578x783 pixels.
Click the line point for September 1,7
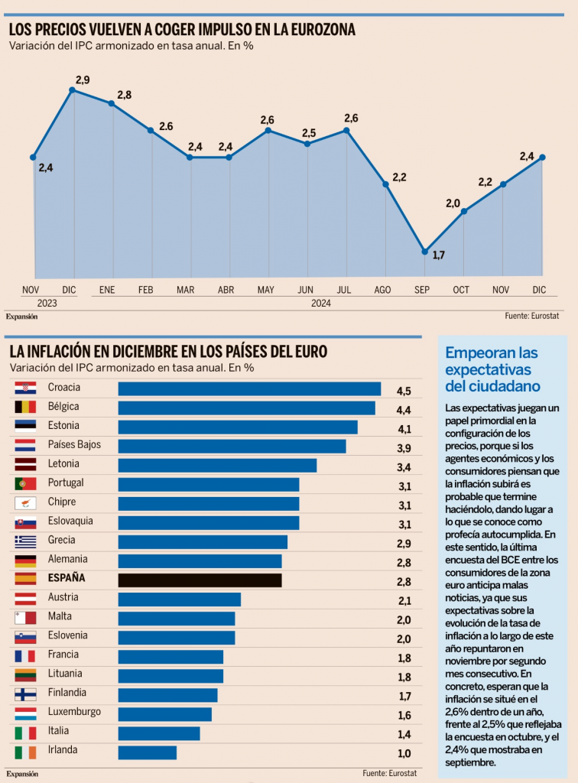tap(424, 251)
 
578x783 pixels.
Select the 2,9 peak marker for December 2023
tap(73, 90)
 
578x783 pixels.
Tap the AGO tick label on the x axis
tap(383, 290)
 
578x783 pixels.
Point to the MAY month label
tap(266, 290)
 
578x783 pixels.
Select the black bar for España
tap(200, 580)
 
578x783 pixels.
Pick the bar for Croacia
tap(249, 389)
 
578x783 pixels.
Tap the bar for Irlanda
tap(147, 752)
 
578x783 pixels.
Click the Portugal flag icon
tap(25, 484)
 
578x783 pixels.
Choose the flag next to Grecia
tap(25, 541)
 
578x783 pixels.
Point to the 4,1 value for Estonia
tap(404, 429)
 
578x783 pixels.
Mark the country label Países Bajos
tap(74, 445)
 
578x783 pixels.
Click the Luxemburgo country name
tap(74, 712)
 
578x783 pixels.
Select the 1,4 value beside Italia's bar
tap(404, 734)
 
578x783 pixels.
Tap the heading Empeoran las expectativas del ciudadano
tap(492, 369)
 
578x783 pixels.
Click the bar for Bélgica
tap(246, 408)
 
